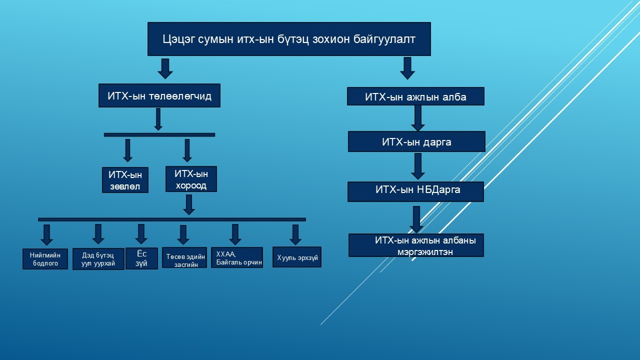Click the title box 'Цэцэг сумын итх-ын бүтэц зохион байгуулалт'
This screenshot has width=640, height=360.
click(289, 39)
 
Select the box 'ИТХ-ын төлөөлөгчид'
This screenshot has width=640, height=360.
click(159, 95)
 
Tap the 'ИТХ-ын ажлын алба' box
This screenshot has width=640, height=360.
click(415, 96)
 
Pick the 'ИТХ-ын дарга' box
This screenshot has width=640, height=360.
click(416, 141)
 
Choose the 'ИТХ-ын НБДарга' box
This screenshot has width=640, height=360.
click(415, 191)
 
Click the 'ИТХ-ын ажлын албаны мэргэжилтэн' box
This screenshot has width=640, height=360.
click(416, 245)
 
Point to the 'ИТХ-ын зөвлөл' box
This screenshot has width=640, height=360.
click(125, 180)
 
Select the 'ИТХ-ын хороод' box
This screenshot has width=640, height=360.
click(191, 179)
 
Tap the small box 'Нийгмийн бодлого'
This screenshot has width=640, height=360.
click(45, 259)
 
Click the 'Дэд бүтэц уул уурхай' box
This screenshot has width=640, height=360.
click(98, 259)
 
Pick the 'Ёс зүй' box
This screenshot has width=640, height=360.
click(141, 258)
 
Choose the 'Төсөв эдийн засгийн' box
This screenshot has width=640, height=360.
click(184, 257)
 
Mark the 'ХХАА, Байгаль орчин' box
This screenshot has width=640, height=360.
click(236, 257)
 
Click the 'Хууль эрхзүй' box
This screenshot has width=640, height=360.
click(297, 257)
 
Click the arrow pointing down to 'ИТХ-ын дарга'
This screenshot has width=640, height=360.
click(417, 118)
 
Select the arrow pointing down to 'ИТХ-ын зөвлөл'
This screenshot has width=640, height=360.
click(127, 150)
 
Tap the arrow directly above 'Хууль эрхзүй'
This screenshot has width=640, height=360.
click(295, 234)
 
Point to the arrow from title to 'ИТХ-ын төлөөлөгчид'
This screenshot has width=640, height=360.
click(165, 68)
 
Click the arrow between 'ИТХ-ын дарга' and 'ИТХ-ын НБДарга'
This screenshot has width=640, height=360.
click(417, 166)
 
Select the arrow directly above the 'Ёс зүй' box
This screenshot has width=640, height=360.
click(141, 233)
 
